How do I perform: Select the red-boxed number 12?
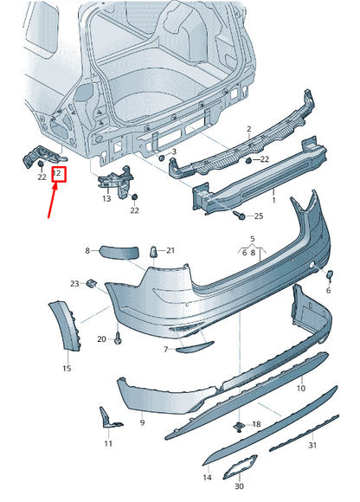(x=59, y=174)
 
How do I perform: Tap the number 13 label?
(x=106, y=198)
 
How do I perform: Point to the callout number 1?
(x=273, y=201)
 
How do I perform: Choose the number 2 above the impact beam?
(x=248, y=126)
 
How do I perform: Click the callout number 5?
(x=253, y=238)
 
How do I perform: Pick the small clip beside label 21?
(x=154, y=250)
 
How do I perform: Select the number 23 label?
(x=75, y=283)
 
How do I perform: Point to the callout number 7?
(x=165, y=350)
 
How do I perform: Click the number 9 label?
(x=142, y=424)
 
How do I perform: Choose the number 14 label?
(x=207, y=477)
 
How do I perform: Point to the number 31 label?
(x=312, y=445)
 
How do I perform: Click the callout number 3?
(x=173, y=151)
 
